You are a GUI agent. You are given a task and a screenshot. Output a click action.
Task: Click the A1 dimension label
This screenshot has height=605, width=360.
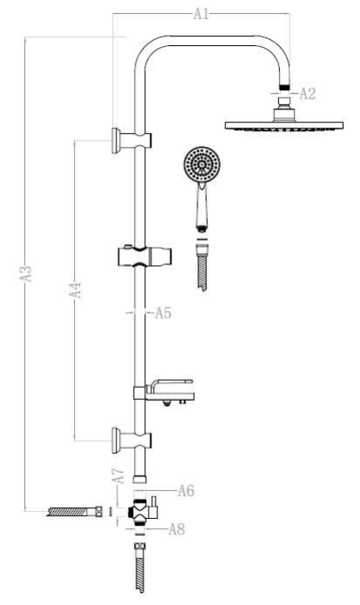[x=201, y=14]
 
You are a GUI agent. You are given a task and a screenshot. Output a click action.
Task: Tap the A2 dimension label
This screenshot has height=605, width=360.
[x=308, y=93]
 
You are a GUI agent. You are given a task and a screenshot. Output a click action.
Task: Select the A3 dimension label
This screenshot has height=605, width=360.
[x=26, y=273]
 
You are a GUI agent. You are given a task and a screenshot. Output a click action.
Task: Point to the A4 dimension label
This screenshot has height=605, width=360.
[x=76, y=289]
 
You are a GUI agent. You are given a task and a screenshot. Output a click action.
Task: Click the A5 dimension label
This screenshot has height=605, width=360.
[x=163, y=313]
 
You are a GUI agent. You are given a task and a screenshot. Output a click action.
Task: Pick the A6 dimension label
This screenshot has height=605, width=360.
[x=186, y=491]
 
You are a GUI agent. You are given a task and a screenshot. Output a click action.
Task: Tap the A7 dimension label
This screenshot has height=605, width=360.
[x=118, y=475]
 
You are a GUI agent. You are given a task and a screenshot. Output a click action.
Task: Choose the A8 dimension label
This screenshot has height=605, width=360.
[x=177, y=529]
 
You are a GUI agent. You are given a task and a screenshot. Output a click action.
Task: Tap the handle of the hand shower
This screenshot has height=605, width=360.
[x=202, y=207]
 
